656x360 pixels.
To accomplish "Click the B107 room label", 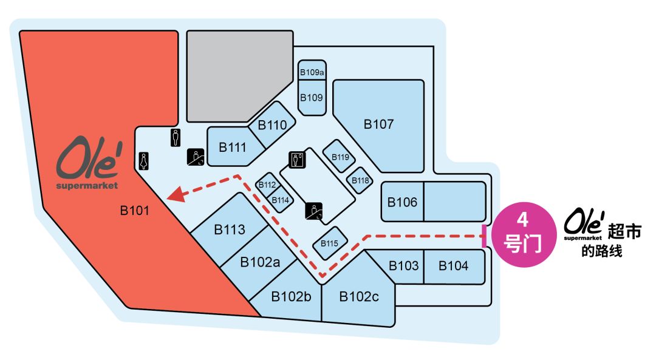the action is pos(378,124).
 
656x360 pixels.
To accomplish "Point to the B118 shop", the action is pos(360,180).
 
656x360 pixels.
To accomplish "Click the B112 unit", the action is pos(267,185).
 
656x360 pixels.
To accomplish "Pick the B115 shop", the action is pos(330,243).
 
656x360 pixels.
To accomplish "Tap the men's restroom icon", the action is pos(176,138).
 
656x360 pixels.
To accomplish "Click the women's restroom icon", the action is pos(143,161).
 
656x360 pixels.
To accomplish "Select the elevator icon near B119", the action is pos(297,160).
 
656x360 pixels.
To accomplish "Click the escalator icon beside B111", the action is pos(196,157).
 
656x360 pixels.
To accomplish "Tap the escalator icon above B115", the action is pos(314,211).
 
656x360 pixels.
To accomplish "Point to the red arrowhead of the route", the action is pos(176,194).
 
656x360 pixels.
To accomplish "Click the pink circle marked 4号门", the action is pos(523,234).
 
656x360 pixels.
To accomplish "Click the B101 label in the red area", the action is pos(134,210).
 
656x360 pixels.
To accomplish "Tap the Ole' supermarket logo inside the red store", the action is pos(88,163).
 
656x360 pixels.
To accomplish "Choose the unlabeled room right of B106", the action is pos(455,202).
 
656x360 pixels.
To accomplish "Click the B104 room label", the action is pos(453,266).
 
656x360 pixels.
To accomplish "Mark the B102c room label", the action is pos(359,297).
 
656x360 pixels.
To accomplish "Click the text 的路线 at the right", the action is pos(601,251).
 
